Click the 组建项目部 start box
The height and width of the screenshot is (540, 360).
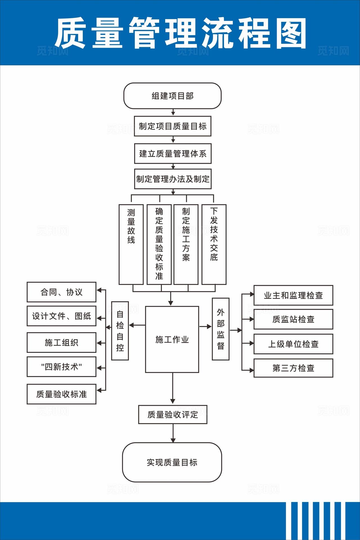pos(172,96)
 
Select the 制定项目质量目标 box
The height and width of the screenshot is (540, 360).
pos(172,126)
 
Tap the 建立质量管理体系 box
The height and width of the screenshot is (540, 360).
pos(173,154)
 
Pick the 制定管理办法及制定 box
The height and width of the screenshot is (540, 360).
pos(173,179)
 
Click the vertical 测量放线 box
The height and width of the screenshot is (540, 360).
pos(131,244)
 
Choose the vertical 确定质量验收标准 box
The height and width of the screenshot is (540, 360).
pos(159,244)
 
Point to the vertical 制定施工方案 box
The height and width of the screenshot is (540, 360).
pos(186,244)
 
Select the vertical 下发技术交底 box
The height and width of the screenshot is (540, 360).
pos(214,244)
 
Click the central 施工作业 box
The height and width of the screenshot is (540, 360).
pos(172,339)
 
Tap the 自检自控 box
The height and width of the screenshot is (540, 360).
pos(120,331)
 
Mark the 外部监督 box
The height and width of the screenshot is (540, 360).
pos(220,329)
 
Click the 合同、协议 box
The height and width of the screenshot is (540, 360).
pos(62,292)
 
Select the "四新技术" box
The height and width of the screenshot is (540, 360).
pos(62,367)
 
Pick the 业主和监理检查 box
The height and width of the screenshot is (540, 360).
pos(293,295)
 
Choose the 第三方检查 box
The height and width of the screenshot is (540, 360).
pos(293,368)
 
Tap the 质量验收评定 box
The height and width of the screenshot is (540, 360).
pos(173,415)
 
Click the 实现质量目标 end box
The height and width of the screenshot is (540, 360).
pos(172,462)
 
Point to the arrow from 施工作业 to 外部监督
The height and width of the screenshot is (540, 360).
pos(206,327)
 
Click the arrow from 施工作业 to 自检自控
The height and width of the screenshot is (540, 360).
pos(137,325)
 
